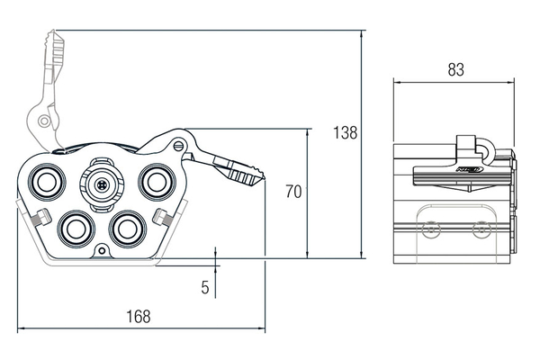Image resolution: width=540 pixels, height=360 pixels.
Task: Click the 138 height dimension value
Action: point(345,133)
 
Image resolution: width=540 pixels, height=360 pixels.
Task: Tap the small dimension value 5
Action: point(205,287)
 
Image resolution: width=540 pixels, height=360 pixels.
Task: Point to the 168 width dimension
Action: point(138,316)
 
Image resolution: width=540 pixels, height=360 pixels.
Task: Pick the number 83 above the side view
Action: point(454,68)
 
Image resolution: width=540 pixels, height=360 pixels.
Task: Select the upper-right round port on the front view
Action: point(156,181)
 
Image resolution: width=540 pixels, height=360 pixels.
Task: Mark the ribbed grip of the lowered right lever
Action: point(243,172)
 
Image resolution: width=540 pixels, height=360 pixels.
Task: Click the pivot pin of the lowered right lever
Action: point(182,143)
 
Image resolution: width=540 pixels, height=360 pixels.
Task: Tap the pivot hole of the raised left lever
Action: point(40,120)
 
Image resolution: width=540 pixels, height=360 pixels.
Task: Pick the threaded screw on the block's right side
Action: point(166,217)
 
